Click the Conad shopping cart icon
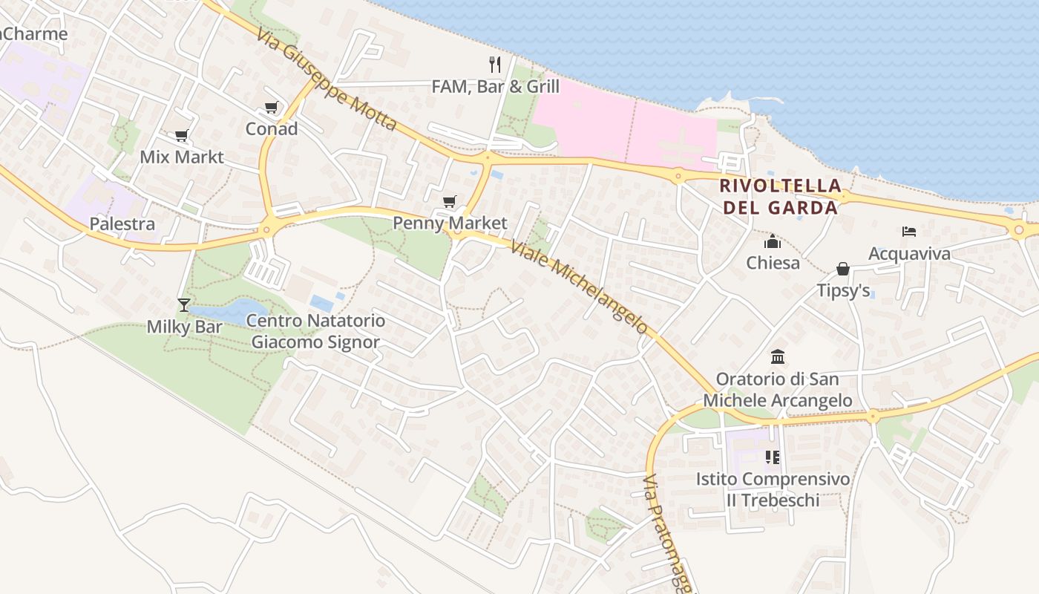click(271, 108)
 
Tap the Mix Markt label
click(182, 157)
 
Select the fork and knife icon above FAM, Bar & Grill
click(495, 65)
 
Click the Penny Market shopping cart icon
click(449, 201)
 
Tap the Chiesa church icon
click(773, 241)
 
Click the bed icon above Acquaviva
click(909, 232)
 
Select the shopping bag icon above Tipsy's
click(843, 268)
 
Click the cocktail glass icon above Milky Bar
click(183, 304)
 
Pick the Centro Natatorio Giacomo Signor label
click(315, 331)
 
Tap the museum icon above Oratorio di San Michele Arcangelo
click(778, 356)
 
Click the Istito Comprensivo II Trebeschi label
click(773, 489)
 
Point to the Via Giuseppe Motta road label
click(327, 79)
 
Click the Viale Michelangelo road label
click(579, 287)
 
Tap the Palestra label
click(122, 224)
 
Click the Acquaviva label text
click(909, 254)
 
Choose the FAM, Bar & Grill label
click(495, 87)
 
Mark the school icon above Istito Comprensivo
click(773, 457)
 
